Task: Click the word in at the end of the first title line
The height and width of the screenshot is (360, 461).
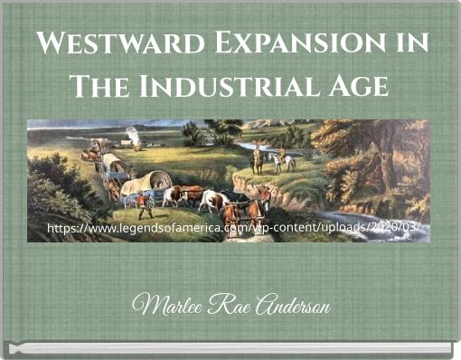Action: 411,43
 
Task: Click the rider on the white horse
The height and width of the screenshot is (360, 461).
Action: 279,160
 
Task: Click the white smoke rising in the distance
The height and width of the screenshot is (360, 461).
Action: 134,135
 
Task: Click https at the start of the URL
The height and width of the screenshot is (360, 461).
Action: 63,227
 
